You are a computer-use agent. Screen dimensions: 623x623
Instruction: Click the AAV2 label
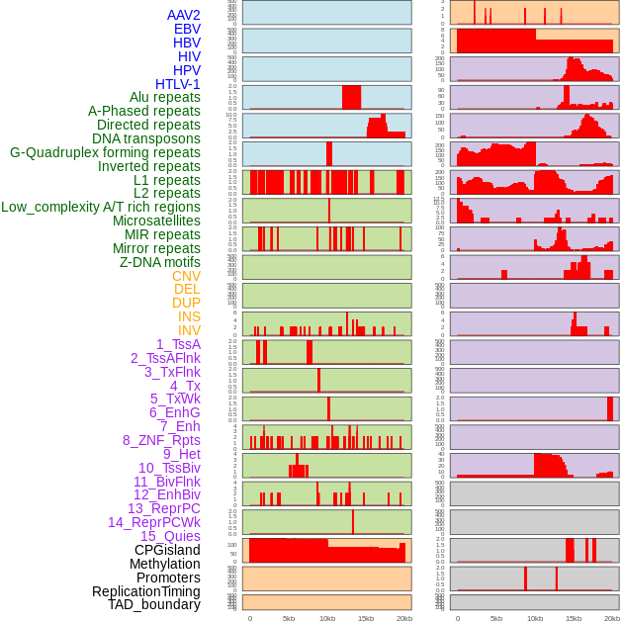tap(183, 15)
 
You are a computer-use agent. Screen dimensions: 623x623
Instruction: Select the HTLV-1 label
tap(177, 84)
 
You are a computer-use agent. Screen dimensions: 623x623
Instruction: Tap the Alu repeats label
tap(164, 97)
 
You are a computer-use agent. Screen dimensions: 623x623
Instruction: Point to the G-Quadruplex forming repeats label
tap(105, 152)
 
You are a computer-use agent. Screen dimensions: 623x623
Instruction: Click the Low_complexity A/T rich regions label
tap(100, 207)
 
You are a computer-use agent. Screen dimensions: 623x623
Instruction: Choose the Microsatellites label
tap(156, 221)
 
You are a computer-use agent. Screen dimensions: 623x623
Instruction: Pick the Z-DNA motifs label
tap(159, 262)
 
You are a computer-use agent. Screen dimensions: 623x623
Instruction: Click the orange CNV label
tap(186, 276)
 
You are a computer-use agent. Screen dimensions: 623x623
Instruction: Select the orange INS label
tap(189, 316)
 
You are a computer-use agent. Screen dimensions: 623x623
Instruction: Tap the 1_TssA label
tap(178, 344)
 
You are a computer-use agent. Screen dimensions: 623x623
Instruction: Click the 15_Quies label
tap(170, 536)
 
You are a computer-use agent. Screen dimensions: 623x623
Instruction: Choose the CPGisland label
tap(167, 550)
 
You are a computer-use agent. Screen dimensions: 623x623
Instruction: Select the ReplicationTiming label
tap(145, 591)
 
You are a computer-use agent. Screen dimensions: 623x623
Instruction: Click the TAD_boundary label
tap(153, 604)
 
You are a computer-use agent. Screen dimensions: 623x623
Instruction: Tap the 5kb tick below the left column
tap(289, 618)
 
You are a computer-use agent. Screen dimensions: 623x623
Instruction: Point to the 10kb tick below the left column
tap(327, 618)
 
